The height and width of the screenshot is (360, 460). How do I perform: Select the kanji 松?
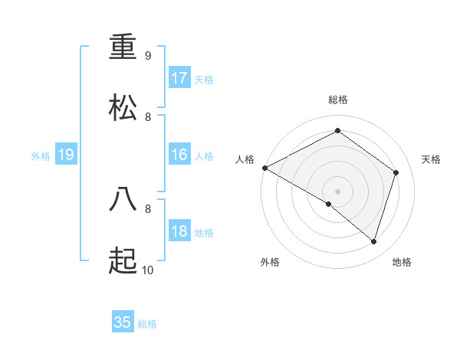pyautogui.click(x=123, y=108)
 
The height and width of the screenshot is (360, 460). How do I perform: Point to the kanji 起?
pyautogui.click(x=123, y=262)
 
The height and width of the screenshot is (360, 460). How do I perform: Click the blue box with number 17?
pyautogui.click(x=179, y=78)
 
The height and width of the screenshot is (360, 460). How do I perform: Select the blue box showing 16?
pyautogui.click(x=179, y=155)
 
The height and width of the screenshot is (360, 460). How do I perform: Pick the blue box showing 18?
pyautogui.click(x=179, y=232)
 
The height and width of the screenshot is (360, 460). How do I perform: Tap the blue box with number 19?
pyautogui.click(x=65, y=155)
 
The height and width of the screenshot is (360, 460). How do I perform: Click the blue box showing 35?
pyautogui.click(x=123, y=322)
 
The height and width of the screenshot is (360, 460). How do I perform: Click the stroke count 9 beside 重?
pyautogui.click(x=148, y=55)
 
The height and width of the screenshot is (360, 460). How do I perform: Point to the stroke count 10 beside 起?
pyautogui.click(x=148, y=270)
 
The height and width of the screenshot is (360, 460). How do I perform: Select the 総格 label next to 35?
pyautogui.click(x=147, y=324)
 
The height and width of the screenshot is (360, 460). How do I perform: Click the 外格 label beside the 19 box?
pyautogui.click(x=41, y=156)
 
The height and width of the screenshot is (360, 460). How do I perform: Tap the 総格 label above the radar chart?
pyautogui.click(x=338, y=100)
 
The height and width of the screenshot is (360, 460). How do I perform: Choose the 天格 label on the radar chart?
pyautogui.click(x=432, y=159)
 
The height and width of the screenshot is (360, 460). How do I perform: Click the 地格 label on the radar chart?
pyautogui.click(x=402, y=262)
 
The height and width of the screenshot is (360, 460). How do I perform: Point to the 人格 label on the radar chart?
pyautogui.click(x=245, y=159)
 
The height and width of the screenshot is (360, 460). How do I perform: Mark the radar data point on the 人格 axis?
pyautogui.click(x=264, y=168)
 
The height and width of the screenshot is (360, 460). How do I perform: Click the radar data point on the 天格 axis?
pyautogui.click(x=396, y=172)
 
